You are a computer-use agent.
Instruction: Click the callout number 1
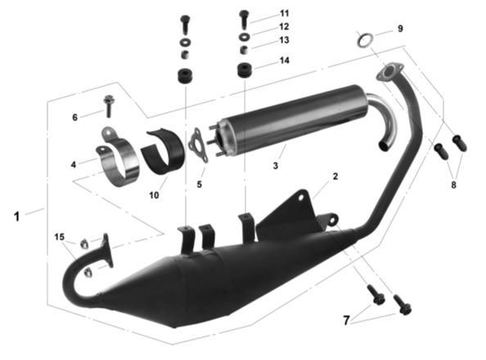(16, 216)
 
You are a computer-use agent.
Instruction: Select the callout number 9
(400, 29)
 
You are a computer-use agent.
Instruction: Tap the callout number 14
(285, 61)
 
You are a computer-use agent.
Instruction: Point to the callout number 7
(347, 320)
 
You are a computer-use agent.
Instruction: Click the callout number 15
(59, 237)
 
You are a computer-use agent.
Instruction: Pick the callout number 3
(276, 165)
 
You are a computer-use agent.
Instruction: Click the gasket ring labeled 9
(364, 40)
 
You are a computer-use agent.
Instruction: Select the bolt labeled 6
(109, 106)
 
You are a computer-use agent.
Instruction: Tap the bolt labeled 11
(245, 19)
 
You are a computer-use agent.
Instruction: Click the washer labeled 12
(245, 36)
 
